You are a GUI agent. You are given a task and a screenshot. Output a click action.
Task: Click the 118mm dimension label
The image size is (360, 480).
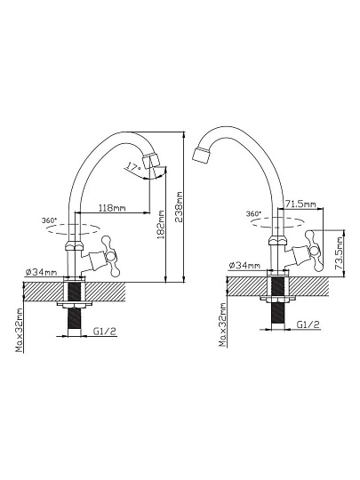point(112,208)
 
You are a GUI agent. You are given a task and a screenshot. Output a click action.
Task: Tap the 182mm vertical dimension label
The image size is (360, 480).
point(161,224)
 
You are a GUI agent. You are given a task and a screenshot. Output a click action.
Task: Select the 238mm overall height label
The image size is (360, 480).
point(179,207)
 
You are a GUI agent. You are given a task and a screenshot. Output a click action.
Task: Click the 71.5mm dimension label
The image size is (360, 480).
point(300,204)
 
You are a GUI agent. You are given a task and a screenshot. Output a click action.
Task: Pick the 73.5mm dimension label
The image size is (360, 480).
point(338,252)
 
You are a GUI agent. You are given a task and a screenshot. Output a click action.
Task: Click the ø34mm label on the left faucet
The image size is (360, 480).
point(40,271)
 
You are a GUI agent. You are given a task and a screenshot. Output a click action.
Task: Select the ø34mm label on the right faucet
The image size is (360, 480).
point(244,265)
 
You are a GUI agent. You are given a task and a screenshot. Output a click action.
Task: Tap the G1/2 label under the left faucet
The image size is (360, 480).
point(105,331)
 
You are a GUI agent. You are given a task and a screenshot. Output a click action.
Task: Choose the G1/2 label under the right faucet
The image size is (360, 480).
point(308,324)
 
